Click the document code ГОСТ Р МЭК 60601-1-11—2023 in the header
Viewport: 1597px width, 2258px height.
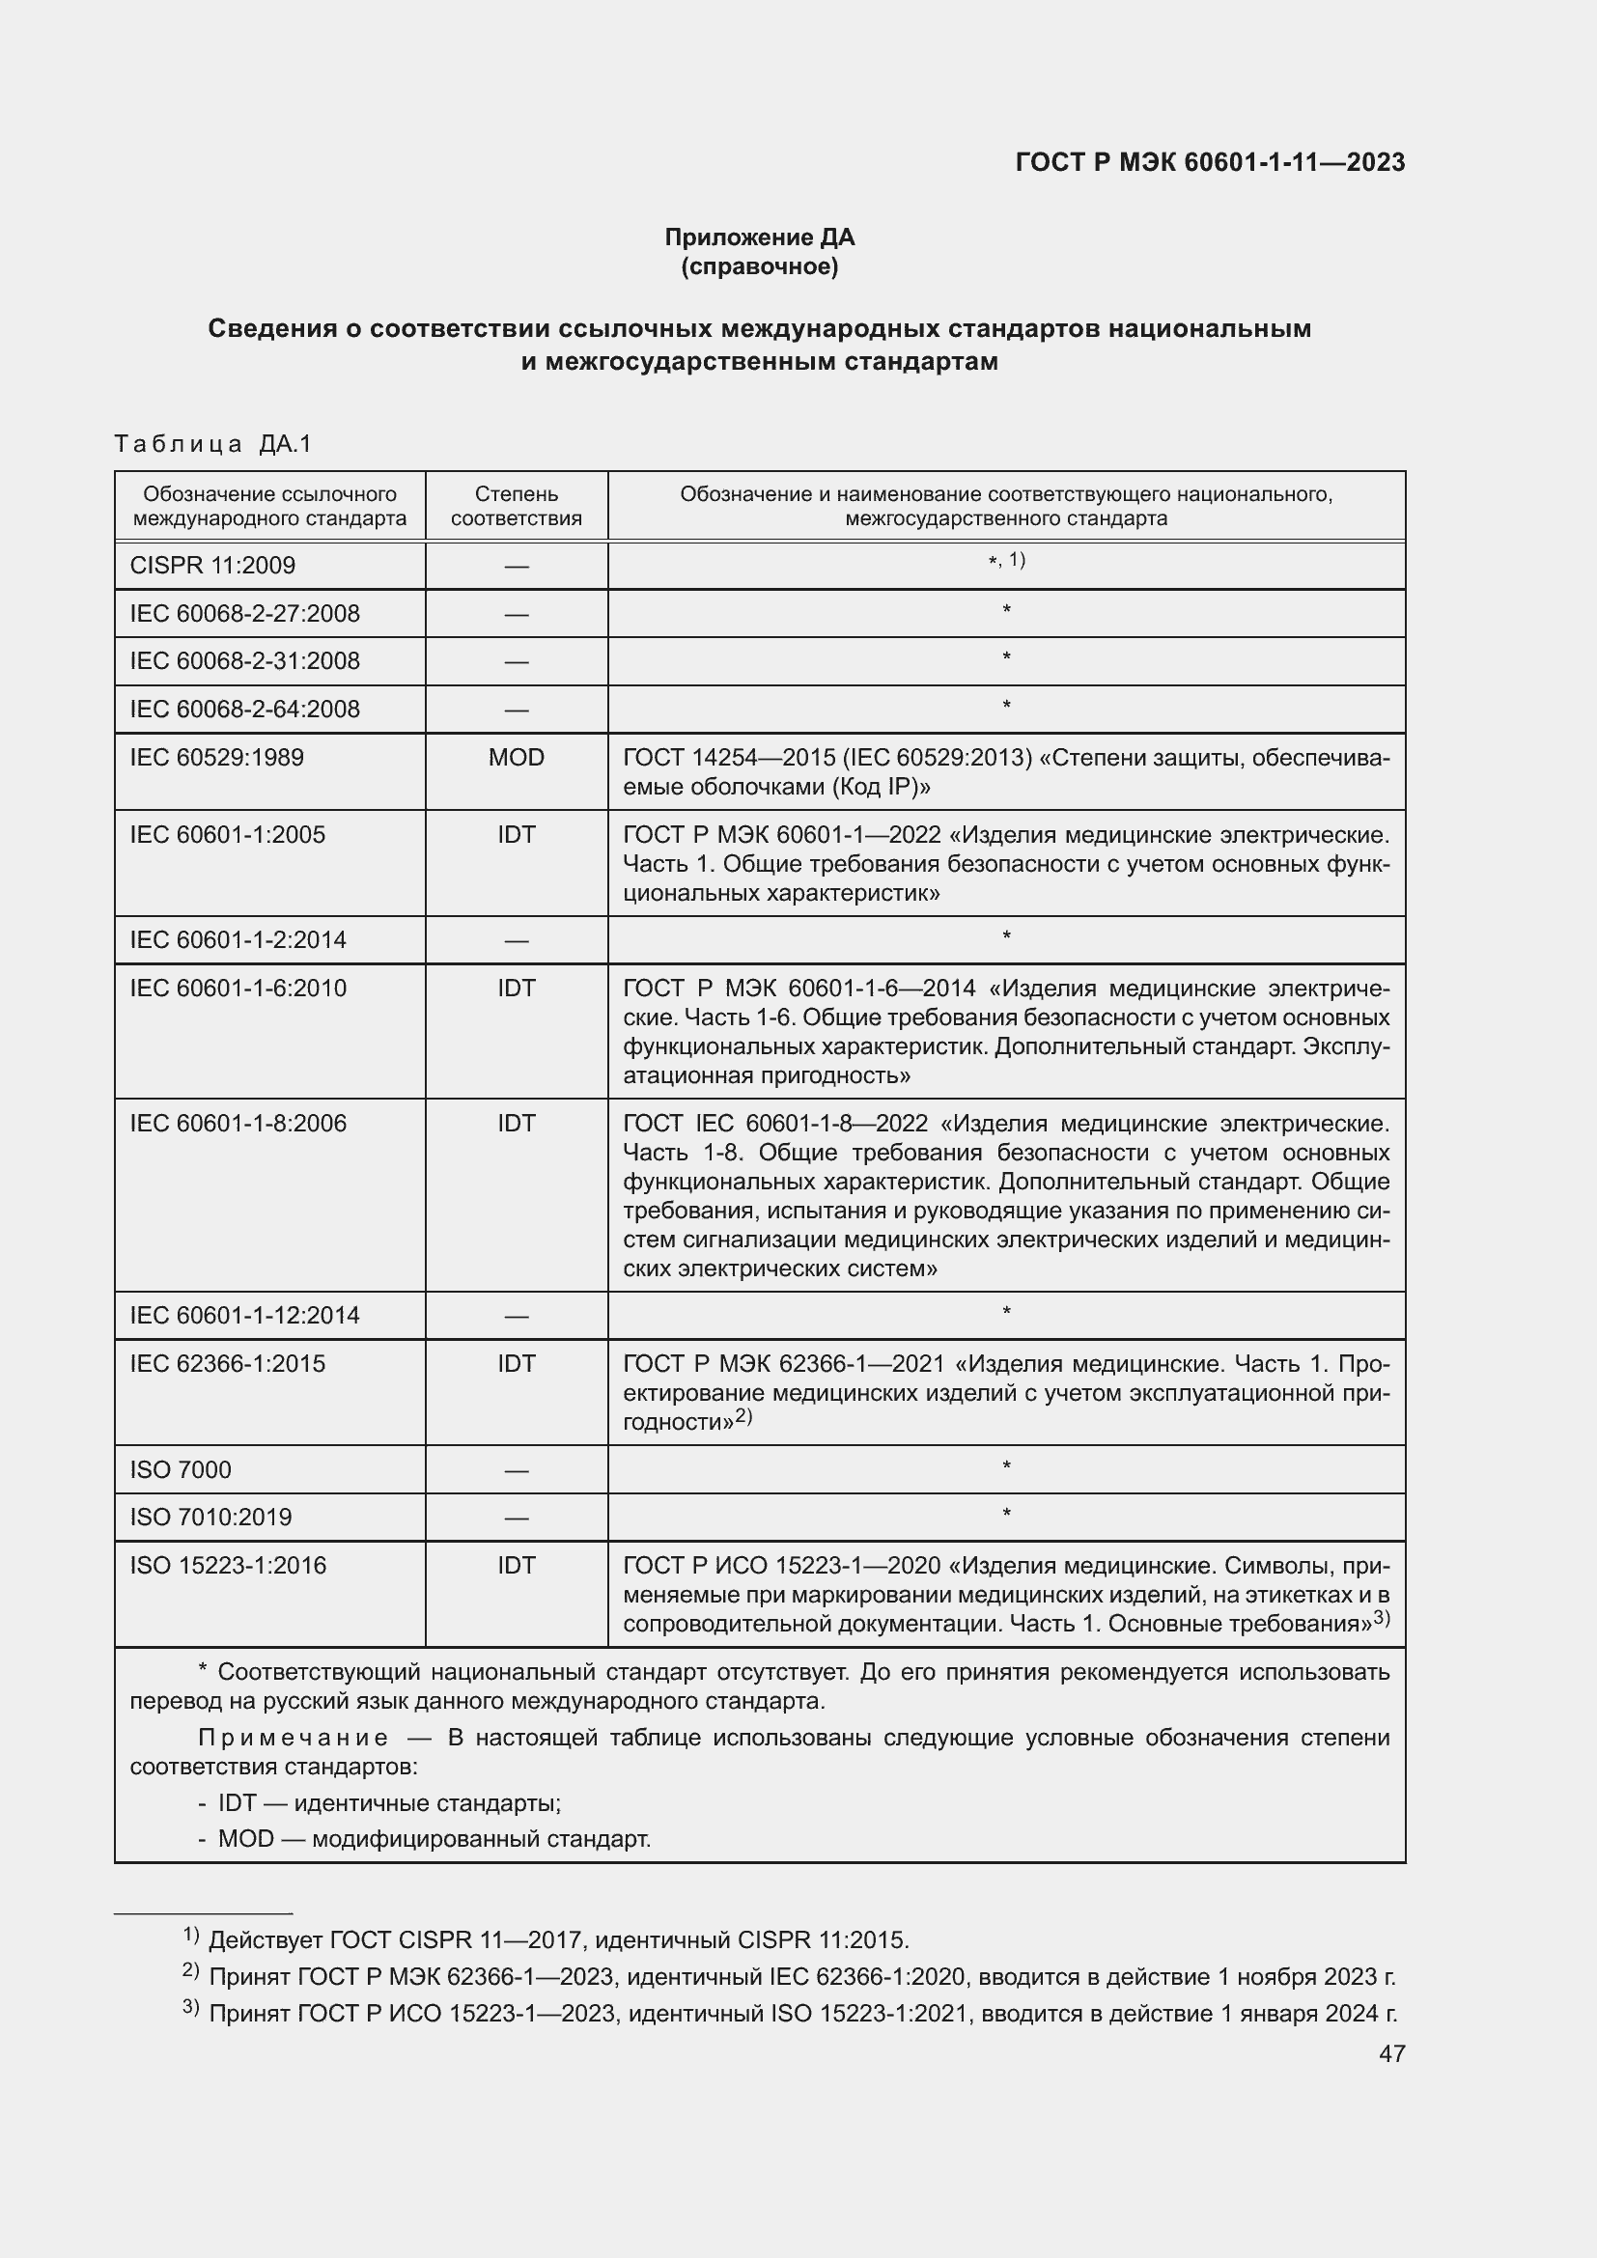[x=1210, y=162]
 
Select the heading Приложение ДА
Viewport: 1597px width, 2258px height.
[x=759, y=237]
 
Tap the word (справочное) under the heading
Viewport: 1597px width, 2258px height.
[x=759, y=266]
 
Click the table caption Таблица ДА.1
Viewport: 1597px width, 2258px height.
[x=212, y=443]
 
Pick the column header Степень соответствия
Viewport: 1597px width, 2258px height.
[x=517, y=506]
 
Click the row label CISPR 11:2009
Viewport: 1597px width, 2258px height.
[x=212, y=566]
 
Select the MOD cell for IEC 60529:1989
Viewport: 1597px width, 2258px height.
[x=517, y=757]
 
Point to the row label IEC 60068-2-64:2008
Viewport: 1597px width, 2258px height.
[x=245, y=710]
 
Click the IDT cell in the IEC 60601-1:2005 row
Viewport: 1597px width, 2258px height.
[x=517, y=835]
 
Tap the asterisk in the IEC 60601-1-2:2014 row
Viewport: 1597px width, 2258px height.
[x=1006, y=937]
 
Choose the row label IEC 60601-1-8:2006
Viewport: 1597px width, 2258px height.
[x=238, y=1123]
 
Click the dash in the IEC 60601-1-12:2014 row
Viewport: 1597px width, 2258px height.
[x=517, y=1316]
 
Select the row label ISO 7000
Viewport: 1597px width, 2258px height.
[x=181, y=1469]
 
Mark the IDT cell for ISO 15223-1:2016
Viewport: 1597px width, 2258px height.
[x=517, y=1565]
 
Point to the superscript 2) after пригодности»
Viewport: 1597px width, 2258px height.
[x=744, y=1416]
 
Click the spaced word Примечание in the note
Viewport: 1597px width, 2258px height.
[x=294, y=1738]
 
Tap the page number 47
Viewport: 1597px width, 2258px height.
[x=1391, y=2053]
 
